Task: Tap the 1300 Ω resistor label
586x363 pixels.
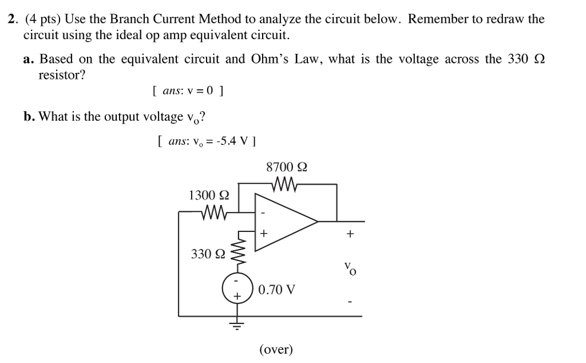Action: [209, 196]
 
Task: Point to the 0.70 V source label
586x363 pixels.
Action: [277, 290]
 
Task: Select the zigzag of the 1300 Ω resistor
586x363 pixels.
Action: [215, 213]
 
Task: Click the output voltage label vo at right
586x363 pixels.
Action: [350, 267]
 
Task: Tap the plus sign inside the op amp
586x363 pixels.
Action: [264, 234]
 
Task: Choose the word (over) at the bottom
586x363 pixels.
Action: [276, 349]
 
